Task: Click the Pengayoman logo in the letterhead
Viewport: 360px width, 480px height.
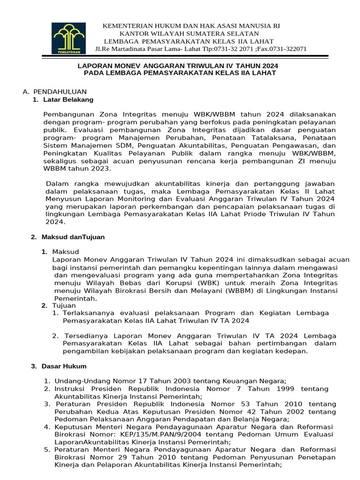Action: (70, 38)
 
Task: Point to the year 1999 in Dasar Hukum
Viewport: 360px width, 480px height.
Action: (285, 389)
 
